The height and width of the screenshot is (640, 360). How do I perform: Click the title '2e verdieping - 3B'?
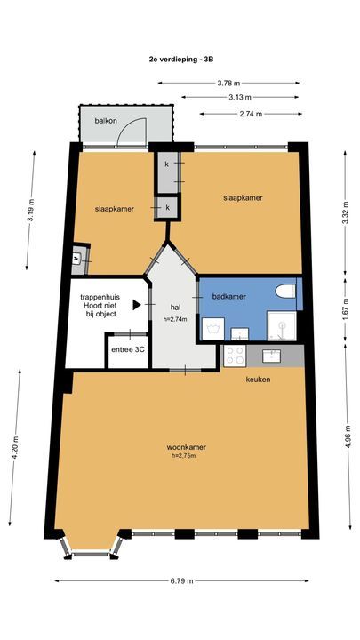click(181, 59)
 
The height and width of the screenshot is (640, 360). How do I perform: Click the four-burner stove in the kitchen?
click(236, 356)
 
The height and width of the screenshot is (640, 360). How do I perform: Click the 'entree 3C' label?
click(127, 350)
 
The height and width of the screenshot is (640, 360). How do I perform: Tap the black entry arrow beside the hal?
click(136, 304)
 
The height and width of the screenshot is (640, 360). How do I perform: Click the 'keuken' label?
click(259, 380)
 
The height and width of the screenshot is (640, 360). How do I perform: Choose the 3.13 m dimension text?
click(240, 98)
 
